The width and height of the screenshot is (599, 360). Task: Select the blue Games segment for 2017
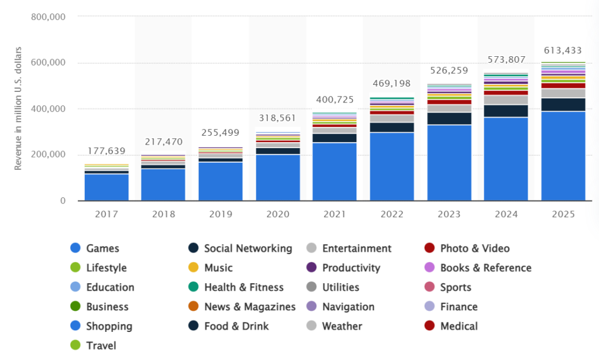(106, 187)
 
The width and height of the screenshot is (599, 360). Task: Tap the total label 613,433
(563, 50)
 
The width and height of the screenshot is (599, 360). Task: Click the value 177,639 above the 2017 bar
(106, 151)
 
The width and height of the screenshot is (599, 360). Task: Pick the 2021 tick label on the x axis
(335, 214)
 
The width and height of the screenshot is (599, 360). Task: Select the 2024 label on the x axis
(505, 214)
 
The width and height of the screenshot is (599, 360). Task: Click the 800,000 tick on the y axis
(48, 17)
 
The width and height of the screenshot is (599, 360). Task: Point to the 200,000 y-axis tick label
(48, 155)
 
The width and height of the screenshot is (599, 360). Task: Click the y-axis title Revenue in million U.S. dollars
(18, 109)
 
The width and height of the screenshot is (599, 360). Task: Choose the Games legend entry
(102, 248)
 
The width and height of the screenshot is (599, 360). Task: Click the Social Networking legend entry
(247, 248)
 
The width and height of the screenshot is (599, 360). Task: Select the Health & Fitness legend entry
(243, 287)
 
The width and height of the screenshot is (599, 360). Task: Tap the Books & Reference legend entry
(486, 268)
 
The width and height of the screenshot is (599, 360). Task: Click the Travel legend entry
(101, 345)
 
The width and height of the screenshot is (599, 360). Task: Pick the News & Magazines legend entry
(250, 307)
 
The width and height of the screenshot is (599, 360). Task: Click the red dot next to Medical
(429, 326)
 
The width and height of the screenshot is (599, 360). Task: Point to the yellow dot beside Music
(193, 268)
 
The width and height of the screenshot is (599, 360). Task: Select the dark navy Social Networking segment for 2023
(449, 118)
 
